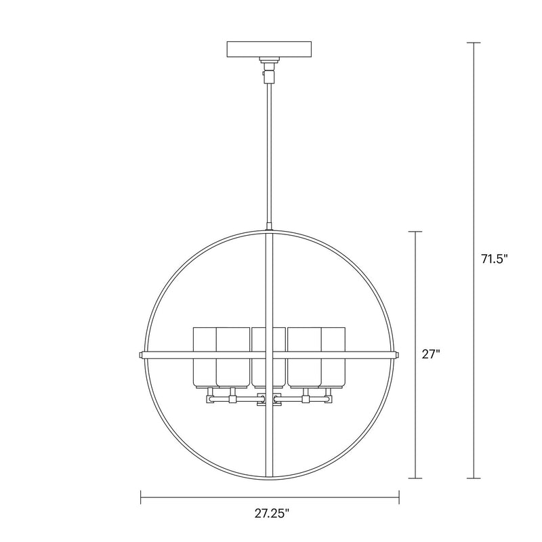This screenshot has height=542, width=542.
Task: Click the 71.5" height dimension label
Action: click(x=494, y=259)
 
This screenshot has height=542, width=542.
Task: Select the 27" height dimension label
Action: click(x=430, y=353)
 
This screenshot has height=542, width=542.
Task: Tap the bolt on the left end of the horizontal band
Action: click(x=140, y=354)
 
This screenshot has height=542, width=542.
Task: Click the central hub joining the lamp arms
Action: click(x=270, y=400)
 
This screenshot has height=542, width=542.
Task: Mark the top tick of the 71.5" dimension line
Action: click(x=474, y=43)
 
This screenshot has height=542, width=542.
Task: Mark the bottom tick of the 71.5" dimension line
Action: click(x=474, y=478)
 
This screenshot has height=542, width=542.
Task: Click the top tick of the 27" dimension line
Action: click(x=416, y=232)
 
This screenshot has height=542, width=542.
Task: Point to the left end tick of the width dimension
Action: click(x=140, y=498)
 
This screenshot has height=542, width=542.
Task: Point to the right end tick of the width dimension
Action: click(x=399, y=498)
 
